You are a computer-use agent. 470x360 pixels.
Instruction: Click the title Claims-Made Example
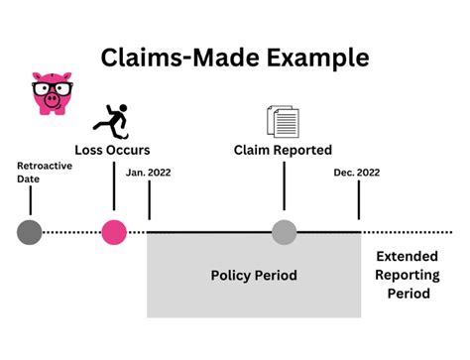235,57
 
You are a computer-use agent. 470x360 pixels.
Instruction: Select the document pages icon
283,121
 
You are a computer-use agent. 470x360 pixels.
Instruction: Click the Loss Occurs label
112,150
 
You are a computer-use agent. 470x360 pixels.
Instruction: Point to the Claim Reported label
284,150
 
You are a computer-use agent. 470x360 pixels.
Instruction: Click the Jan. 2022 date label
149,173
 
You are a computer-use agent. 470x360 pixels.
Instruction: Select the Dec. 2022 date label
357,173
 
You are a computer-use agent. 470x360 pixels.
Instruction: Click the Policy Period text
254,274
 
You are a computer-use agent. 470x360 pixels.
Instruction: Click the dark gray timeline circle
30,232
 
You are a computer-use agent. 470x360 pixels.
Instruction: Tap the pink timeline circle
114,232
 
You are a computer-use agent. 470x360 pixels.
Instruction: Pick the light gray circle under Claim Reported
285,232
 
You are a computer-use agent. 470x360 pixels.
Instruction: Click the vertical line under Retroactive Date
30,200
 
